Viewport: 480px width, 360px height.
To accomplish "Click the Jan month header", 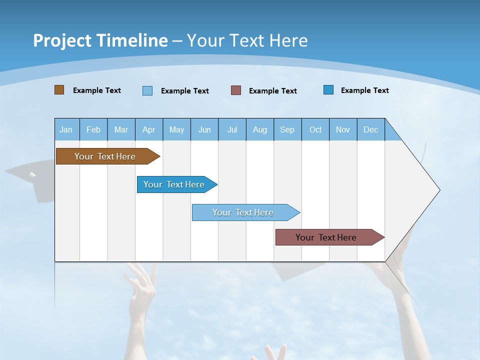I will coord(66,129).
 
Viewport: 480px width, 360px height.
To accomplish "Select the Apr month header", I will coord(149,129).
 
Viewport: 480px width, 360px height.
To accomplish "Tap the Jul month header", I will coord(232,129).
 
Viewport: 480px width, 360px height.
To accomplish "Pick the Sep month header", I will coord(287,129).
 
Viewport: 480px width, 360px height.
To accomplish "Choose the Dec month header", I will coord(370,129).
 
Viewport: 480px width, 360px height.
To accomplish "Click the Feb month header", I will coord(93,129).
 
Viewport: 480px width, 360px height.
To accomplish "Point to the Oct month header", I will coord(315,129).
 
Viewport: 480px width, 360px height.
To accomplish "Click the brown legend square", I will coord(59,90).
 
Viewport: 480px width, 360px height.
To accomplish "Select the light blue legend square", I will coord(147,90).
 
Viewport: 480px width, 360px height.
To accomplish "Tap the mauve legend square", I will coord(236,90).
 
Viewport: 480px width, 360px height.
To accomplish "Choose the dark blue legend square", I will coord(328,90).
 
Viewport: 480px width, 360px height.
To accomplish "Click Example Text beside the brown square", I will coord(97,90).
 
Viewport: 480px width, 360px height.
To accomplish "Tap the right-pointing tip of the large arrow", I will coord(438,190).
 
